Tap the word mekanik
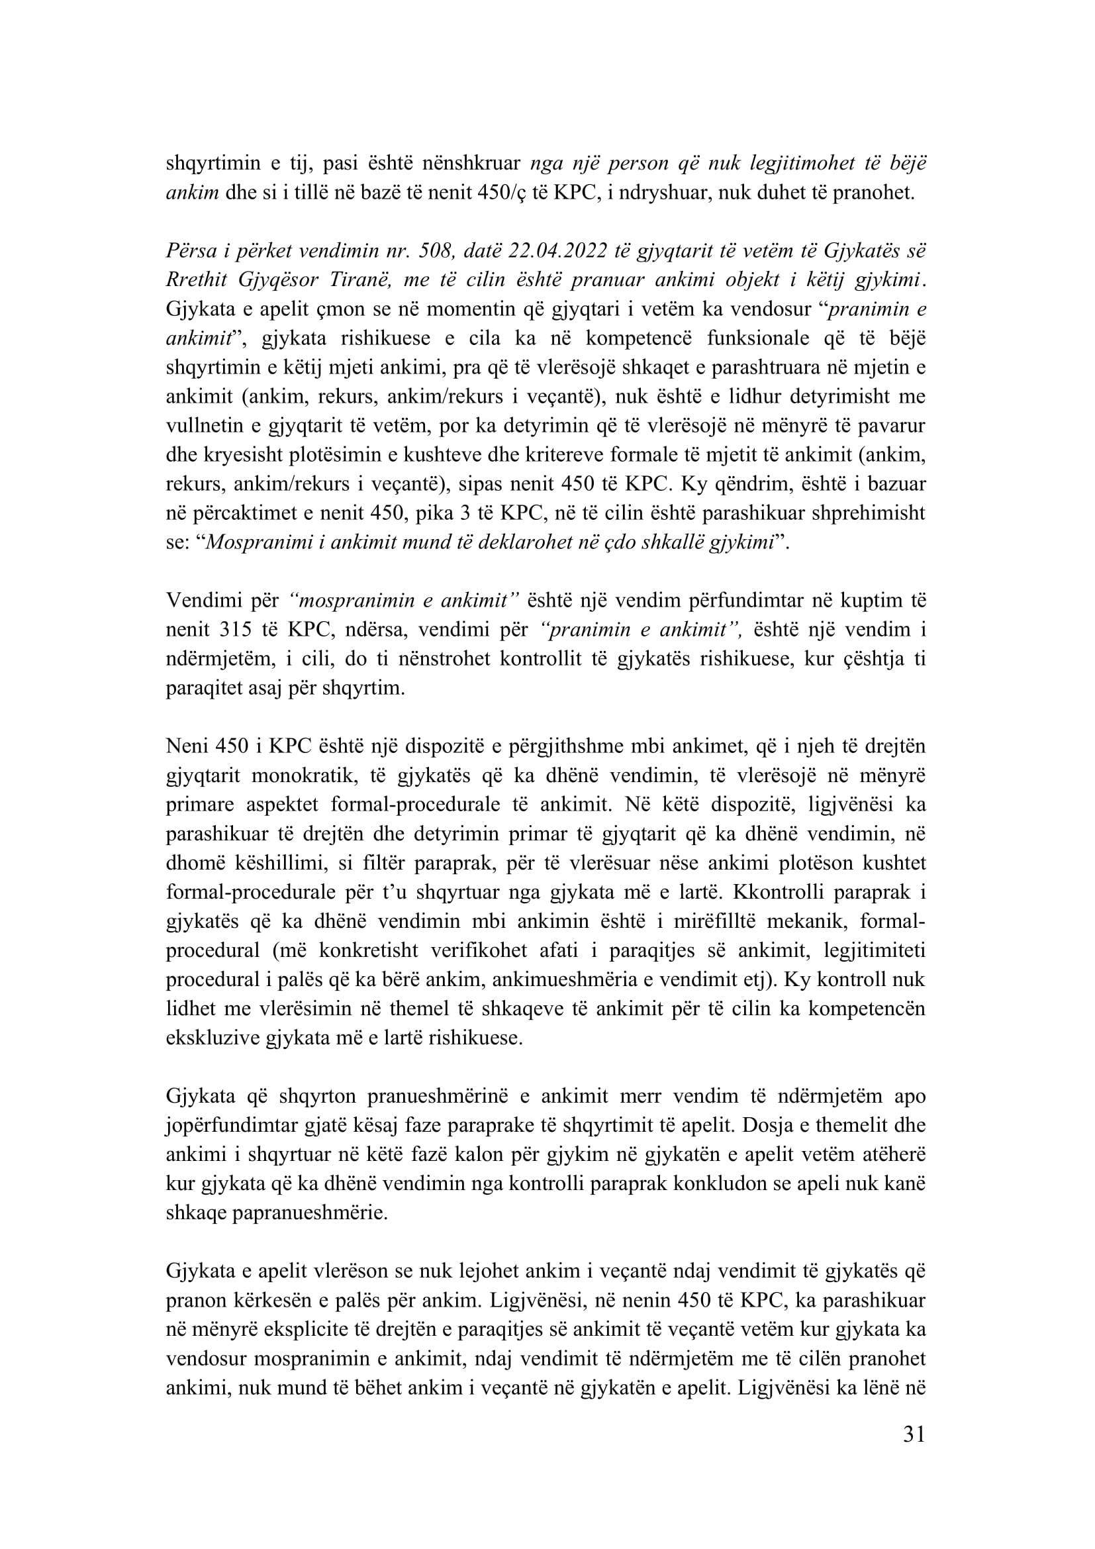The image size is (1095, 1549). click(x=812, y=922)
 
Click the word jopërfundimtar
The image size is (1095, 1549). click(x=231, y=1125)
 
